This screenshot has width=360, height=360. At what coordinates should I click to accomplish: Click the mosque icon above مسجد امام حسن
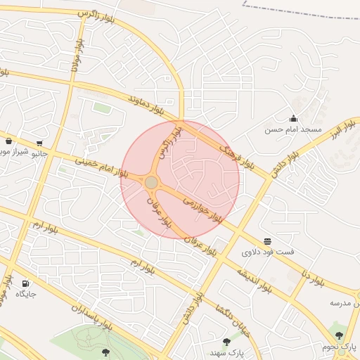tap(293, 118)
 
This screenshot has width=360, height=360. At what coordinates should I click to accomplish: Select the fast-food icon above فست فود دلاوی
tap(268, 241)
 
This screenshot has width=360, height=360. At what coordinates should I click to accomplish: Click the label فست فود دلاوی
tap(268, 252)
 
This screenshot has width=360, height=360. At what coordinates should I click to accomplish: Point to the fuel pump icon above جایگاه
tap(26, 283)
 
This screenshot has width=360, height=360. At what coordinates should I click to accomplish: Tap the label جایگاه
tap(26, 294)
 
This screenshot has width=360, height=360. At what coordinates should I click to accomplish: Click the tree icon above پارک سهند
tap(226, 341)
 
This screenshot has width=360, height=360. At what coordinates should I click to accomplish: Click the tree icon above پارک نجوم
tap(339, 336)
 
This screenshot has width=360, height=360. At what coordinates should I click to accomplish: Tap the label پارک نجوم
tap(340, 347)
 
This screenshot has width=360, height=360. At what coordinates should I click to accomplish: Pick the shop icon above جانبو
tap(39, 143)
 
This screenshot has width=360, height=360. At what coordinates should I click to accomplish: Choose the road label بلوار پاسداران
tap(91, 316)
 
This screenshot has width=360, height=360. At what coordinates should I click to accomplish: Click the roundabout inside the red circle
tap(151, 183)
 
